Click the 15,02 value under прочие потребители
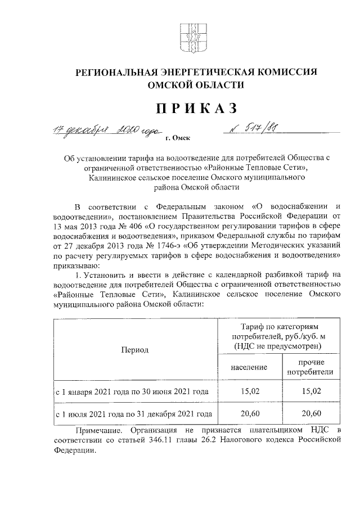[310, 392]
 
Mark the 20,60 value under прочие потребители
[310, 414]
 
